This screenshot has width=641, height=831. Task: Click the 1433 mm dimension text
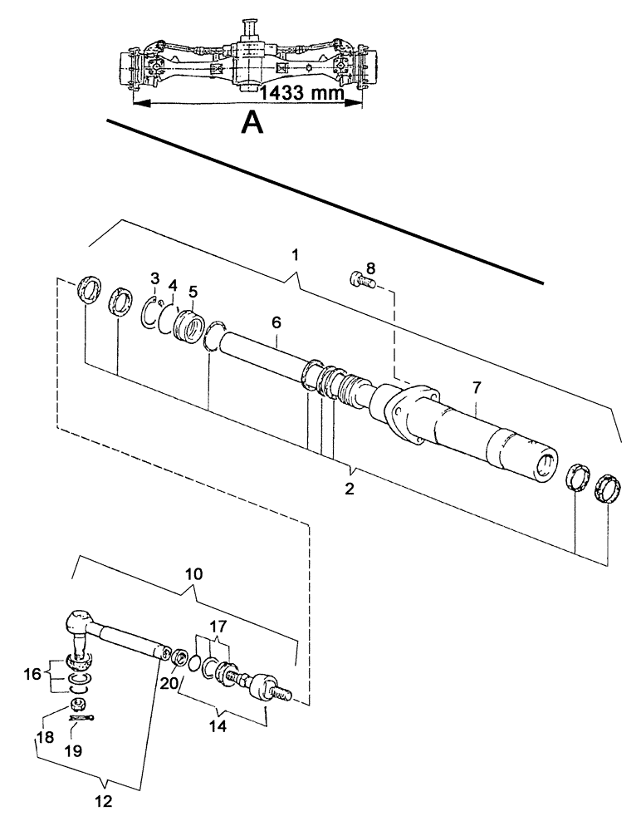click(x=301, y=93)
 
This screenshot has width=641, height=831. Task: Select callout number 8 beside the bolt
click(x=371, y=268)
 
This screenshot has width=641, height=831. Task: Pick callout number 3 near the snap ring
click(x=154, y=277)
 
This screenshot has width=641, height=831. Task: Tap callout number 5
click(x=193, y=293)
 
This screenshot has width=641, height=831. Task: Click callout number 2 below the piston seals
click(x=350, y=488)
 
